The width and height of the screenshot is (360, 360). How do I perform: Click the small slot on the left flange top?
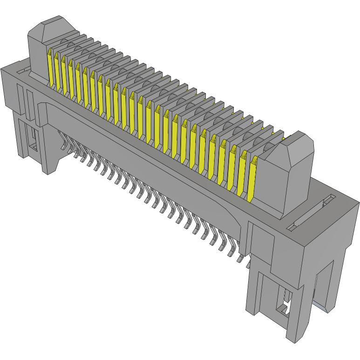[21, 70]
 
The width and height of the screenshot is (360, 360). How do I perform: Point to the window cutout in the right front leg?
[284, 303]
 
